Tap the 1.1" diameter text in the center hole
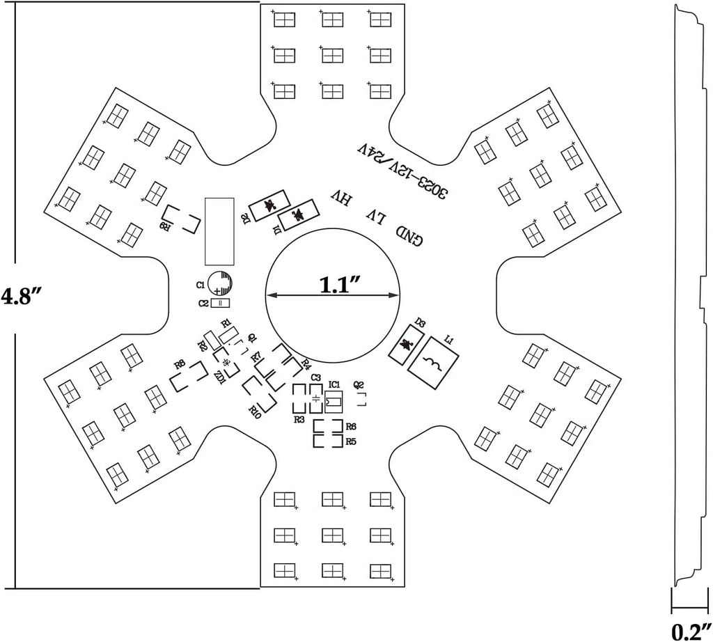tap(340, 285)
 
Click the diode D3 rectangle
tap(404, 345)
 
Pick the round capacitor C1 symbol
tap(221, 284)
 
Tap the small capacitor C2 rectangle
tap(219, 303)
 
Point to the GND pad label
tap(409, 235)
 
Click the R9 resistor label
tap(164, 226)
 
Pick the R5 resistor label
tap(351, 441)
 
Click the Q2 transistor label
tap(359, 384)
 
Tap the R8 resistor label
tap(180, 363)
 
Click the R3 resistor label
tap(299, 419)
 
